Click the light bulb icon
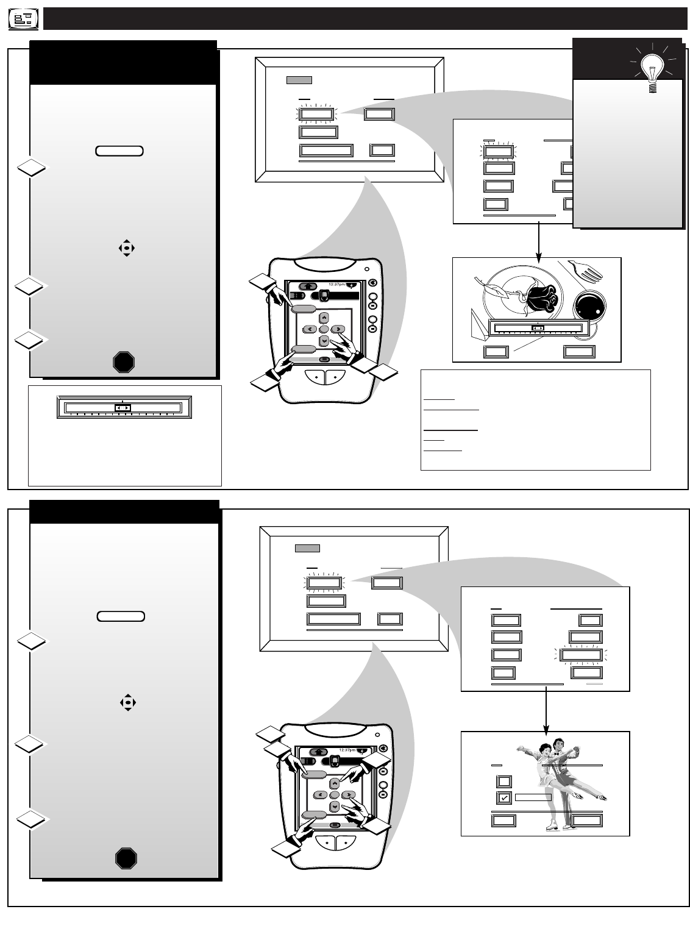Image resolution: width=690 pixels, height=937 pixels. (652, 70)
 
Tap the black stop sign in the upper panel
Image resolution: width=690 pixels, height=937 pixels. (123, 363)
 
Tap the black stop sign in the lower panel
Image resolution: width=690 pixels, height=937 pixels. (126, 858)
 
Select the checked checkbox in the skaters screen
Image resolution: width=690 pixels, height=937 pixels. (504, 798)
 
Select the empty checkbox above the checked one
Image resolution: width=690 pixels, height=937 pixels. (504, 782)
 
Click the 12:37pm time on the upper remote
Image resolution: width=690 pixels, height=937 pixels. (338, 284)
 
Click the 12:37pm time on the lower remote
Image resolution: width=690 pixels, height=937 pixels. (347, 750)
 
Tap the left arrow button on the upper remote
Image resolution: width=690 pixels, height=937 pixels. (309, 329)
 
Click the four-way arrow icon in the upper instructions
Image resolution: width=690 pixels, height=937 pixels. (126, 248)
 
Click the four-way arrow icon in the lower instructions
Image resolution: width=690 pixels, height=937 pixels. (127, 702)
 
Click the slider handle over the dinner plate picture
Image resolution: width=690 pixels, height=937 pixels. (538, 328)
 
